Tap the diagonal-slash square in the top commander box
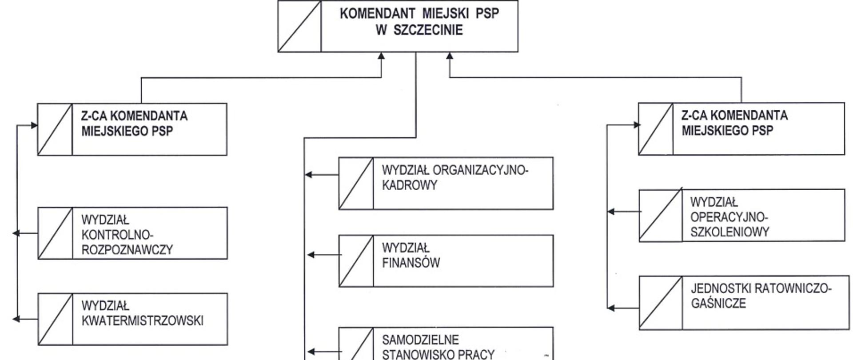tap(299, 26)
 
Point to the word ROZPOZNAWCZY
tap(127, 250)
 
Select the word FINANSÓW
tap(411, 263)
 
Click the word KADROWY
tap(410, 185)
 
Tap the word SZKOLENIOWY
tap(729, 232)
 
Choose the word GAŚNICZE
tap(718, 304)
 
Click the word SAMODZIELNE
tap(420, 340)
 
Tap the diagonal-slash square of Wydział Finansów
tap(356, 261)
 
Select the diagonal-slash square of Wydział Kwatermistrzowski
tap(55, 319)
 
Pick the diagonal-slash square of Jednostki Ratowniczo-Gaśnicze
tap(661, 303)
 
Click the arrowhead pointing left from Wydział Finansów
tap(311, 255)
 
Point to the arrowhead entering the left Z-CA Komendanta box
tap(34, 125)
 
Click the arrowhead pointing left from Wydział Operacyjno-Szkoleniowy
tap(611, 212)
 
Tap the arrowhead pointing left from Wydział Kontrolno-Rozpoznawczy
tap(16, 233)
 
